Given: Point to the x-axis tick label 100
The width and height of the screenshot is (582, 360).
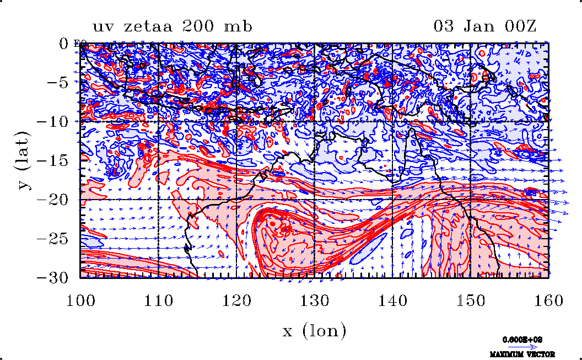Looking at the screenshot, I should (80, 301).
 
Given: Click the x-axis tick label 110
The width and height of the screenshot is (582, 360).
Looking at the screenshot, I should (159, 301).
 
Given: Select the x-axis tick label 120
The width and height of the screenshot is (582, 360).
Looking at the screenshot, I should (236, 301).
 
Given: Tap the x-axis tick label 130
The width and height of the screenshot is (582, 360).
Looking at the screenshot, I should (314, 301).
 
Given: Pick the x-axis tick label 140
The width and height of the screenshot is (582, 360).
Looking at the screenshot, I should (392, 301).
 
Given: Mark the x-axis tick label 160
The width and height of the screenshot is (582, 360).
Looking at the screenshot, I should (548, 301).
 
